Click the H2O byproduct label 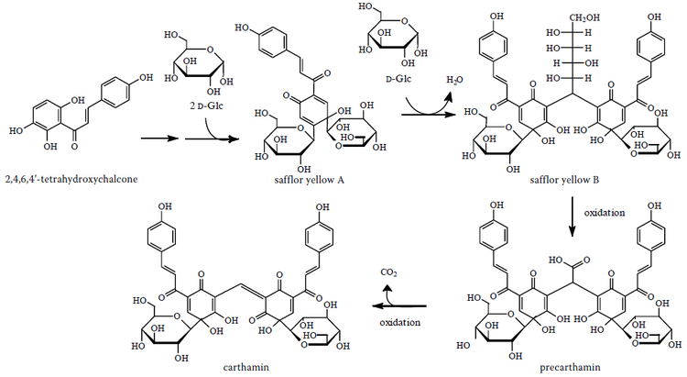click(455, 81)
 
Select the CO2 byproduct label click(389, 272)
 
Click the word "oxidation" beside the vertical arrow click(605, 212)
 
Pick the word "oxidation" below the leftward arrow click(400, 322)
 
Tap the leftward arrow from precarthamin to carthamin click(398, 305)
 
